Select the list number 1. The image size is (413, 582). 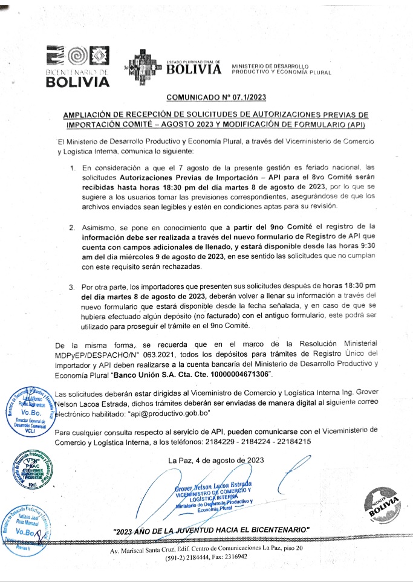click(73, 166)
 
